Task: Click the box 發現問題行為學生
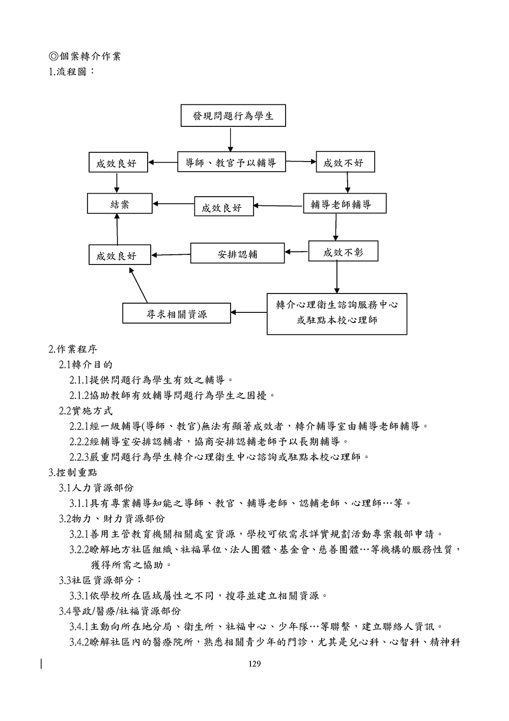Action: (x=233, y=116)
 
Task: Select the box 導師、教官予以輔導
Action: (x=231, y=163)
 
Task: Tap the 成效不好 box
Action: (x=345, y=163)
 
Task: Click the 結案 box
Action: (x=120, y=204)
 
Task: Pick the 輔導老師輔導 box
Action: (x=345, y=204)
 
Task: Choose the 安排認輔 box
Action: (x=237, y=253)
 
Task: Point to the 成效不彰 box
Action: (x=343, y=252)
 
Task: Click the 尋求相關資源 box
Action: (x=176, y=313)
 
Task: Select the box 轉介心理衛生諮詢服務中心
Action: (x=337, y=313)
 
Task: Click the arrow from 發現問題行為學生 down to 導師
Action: (x=231, y=139)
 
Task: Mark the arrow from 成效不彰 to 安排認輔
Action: (x=296, y=252)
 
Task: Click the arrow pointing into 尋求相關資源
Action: (x=249, y=312)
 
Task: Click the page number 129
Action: (x=254, y=663)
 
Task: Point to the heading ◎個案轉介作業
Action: (x=84, y=56)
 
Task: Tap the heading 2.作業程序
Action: (x=73, y=350)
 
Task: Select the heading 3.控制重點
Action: (x=73, y=472)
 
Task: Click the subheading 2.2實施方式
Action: (x=86, y=411)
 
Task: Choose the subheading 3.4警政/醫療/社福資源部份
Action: (x=120, y=611)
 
